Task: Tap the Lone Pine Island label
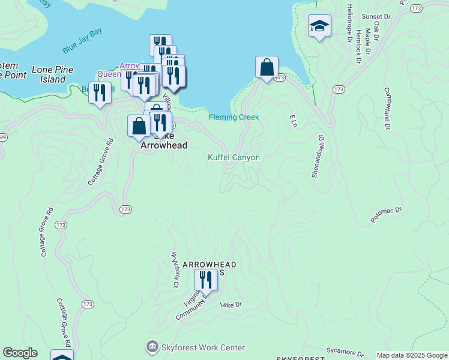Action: (53, 74)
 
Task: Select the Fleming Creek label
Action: (234, 117)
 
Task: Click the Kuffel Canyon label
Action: (234, 157)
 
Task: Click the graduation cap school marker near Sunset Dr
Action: (320, 26)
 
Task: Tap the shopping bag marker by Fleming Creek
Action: (267, 68)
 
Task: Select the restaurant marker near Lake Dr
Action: (205, 280)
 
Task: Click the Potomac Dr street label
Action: (385, 215)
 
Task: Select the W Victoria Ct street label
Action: (175, 270)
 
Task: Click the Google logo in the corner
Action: (20, 353)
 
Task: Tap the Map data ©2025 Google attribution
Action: (412, 355)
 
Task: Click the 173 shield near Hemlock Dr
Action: (339, 89)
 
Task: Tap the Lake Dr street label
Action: (231, 305)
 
